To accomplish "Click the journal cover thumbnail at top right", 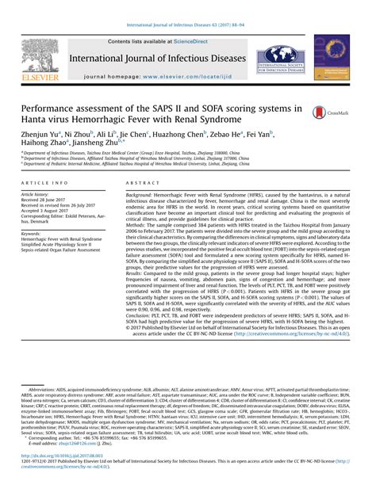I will click(x=331, y=57).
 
